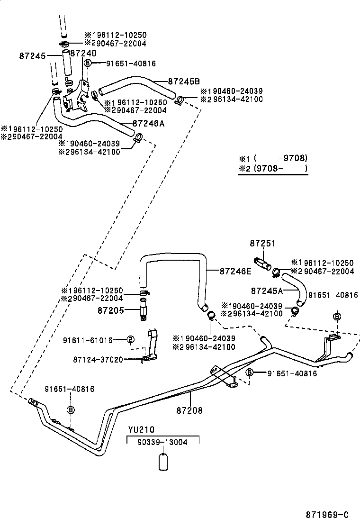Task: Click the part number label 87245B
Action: point(184,81)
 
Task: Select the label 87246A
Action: point(149,123)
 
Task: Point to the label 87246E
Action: point(235,272)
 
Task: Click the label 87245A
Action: point(267,290)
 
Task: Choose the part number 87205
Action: point(111,310)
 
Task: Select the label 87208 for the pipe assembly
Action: point(189,410)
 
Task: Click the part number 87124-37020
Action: point(98,360)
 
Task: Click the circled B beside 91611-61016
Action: point(131,339)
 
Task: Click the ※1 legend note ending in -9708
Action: point(273,158)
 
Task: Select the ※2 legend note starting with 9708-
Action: point(273,168)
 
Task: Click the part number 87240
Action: point(83,54)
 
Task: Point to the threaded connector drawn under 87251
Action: point(262,263)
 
